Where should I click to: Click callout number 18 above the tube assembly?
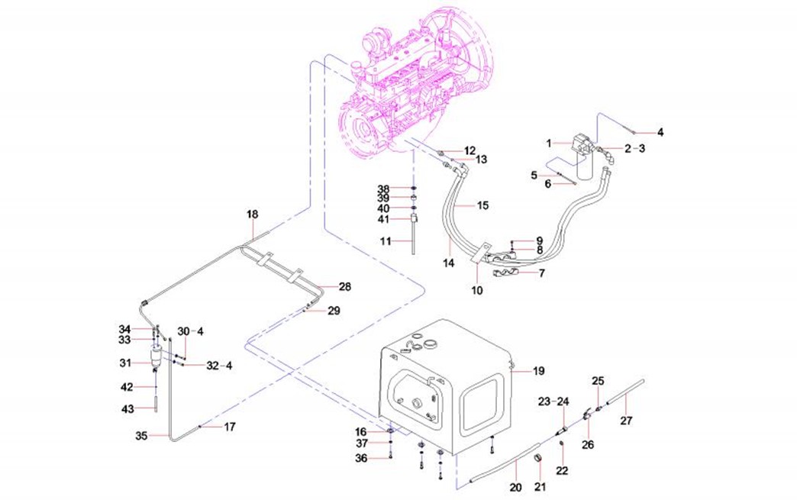click(253, 215)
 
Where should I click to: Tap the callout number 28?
click(344, 287)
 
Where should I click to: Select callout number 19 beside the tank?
click(539, 371)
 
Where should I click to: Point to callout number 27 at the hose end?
click(626, 420)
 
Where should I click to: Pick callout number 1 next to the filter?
click(548, 143)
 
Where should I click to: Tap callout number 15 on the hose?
click(482, 205)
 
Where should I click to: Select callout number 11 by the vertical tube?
click(386, 240)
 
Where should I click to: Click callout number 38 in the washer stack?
click(383, 189)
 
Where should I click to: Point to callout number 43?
click(128, 408)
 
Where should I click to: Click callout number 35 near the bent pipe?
click(140, 437)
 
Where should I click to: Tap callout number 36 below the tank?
click(361, 458)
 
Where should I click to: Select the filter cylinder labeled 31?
click(158, 356)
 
